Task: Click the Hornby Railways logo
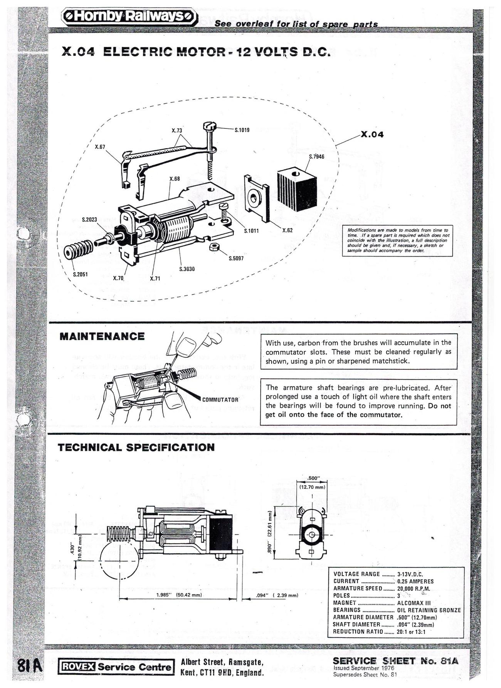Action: [x=129, y=17]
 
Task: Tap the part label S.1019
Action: [x=242, y=130]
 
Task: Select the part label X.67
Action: [x=100, y=147]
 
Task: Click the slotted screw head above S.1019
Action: [x=210, y=125]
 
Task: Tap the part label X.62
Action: [x=287, y=230]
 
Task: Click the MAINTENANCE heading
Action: [x=102, y=336]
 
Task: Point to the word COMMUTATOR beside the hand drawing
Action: [x=220, y=399]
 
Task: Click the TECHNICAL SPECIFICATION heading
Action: [x=136, y=448]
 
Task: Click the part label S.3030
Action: [x=187, y=269]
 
